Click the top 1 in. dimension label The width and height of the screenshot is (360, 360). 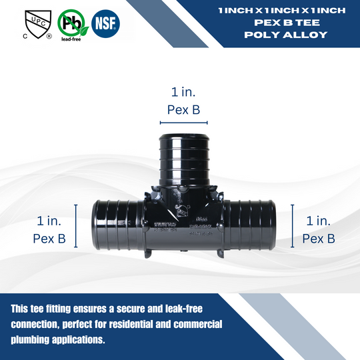tap(183, 93)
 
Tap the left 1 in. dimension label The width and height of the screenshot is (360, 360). tap(49, 219)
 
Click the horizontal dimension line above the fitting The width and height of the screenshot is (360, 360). tap(183, 123)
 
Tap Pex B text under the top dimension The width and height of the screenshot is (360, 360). tap(183, 110)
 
